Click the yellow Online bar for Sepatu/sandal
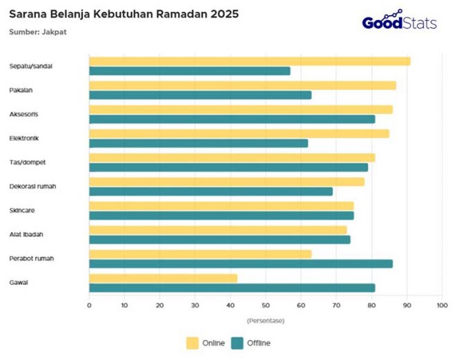click(x=249, y=61)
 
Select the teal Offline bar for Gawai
click(x=232, y=287)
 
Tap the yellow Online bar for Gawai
click(x=163, y=278)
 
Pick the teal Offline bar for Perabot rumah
click(x=241, y=263)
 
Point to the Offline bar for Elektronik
click(x=198, y=143)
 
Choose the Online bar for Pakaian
click(x=242, y=86)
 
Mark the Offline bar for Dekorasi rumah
click(x=211, y=191)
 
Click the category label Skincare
click(x=22, y=210)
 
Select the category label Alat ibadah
click(x=26, y=234)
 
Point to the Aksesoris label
click(x=24, y=114)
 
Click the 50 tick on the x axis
click(x=266, y=305)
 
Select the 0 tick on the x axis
click(x=89, y=305)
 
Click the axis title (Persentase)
click(x=266, y=320)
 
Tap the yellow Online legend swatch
click(x=192, y=343)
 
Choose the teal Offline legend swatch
click(x=238, y=343)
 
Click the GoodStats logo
click(x=400, y=21)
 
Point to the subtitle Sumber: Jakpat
click(x=38, y=32)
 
